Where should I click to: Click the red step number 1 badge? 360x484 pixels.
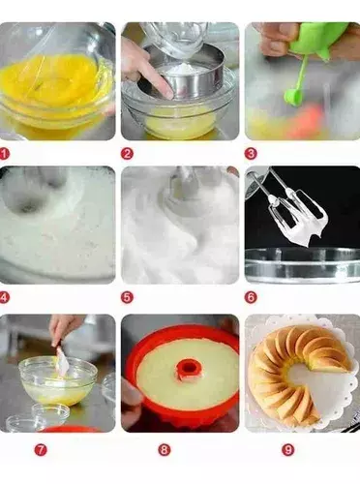click(x=4, y=154)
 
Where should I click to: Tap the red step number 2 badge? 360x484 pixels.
click(x=127, y=154)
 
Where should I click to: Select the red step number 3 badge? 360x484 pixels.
click(x=251, y=154)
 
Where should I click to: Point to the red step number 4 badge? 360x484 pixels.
click(x=4, y=297)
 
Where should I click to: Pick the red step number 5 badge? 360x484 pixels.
click(x=127, y=297)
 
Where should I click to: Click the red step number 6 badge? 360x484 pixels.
click(x=251, y=297)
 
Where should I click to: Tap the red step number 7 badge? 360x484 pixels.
click(x=41, y=450)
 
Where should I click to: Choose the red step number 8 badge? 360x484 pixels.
click(x=165, y=450)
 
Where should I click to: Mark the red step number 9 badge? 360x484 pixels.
click(x=288, y=450)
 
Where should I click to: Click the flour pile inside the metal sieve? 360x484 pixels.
click(x=182, y=70)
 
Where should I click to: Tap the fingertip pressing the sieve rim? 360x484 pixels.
click(x=167, y=93)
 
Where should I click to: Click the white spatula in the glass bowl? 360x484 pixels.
click(x=63, y=361)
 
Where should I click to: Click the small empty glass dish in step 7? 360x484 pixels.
click(x=50, y=413)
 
